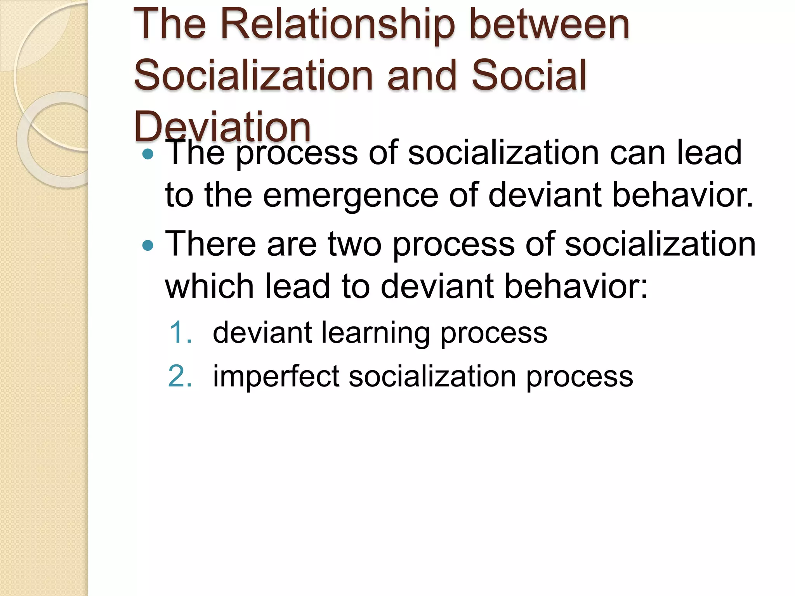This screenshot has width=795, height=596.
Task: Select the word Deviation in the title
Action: (x=222, y=126)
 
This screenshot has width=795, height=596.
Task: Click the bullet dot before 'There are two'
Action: (x=148, y=246)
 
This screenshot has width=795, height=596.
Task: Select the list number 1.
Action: (x=181, y=333)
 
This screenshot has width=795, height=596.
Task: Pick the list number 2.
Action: (x=180, y=376)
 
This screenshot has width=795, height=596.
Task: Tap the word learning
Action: (x=375, y=333)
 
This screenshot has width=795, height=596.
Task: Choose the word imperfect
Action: (x=276, y=376)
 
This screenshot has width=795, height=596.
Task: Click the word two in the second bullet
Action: (x=354, y=244)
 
